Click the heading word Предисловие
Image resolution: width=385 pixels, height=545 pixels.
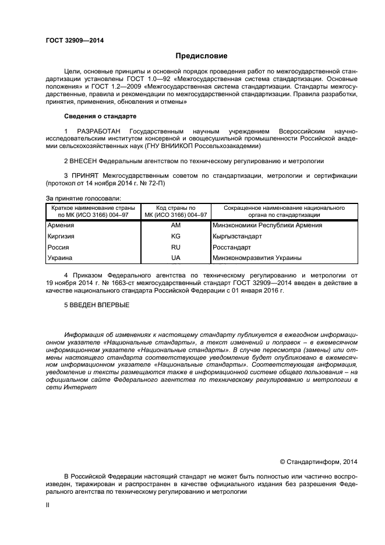(202, 56)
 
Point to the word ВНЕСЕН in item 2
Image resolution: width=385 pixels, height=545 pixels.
(83, 160)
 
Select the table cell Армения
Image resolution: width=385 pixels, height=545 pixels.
(61, 225)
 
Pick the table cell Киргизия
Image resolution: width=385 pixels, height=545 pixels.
(61, 236)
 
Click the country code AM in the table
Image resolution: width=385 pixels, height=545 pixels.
(176, 225)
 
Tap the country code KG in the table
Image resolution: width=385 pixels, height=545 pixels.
(176, 236)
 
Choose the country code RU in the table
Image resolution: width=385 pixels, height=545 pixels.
(176, 247)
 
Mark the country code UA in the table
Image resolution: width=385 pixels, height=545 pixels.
(176, 258)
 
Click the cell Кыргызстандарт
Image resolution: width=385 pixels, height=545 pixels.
(238, 236)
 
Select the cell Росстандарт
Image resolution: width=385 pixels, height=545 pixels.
(232, 247)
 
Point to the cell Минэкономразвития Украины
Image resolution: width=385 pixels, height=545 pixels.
(257, 258)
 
